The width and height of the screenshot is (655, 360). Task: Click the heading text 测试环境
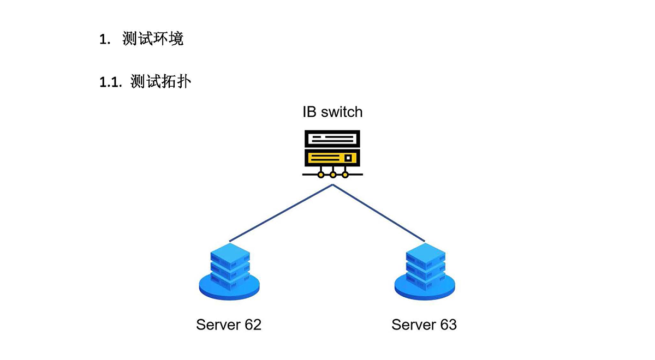[153, 39]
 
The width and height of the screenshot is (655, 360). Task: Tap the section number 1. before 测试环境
[105, 39]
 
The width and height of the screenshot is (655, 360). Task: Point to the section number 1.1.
[111, 82]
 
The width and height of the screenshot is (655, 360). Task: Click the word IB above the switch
[309, 112]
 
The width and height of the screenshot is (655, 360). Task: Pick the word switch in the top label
[342, 112]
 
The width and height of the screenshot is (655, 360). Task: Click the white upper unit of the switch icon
[332, 139]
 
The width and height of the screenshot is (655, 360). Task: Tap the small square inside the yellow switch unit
[348, 158]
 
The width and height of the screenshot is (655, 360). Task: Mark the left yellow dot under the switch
[321, 175]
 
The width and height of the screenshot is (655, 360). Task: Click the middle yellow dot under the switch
[333, 175]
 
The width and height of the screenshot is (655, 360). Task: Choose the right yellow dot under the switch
[345, 175]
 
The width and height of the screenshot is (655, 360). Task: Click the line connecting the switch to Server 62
[281, 213]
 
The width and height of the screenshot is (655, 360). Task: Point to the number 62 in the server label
[253, 325]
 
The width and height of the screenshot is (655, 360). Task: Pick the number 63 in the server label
[448, 325]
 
